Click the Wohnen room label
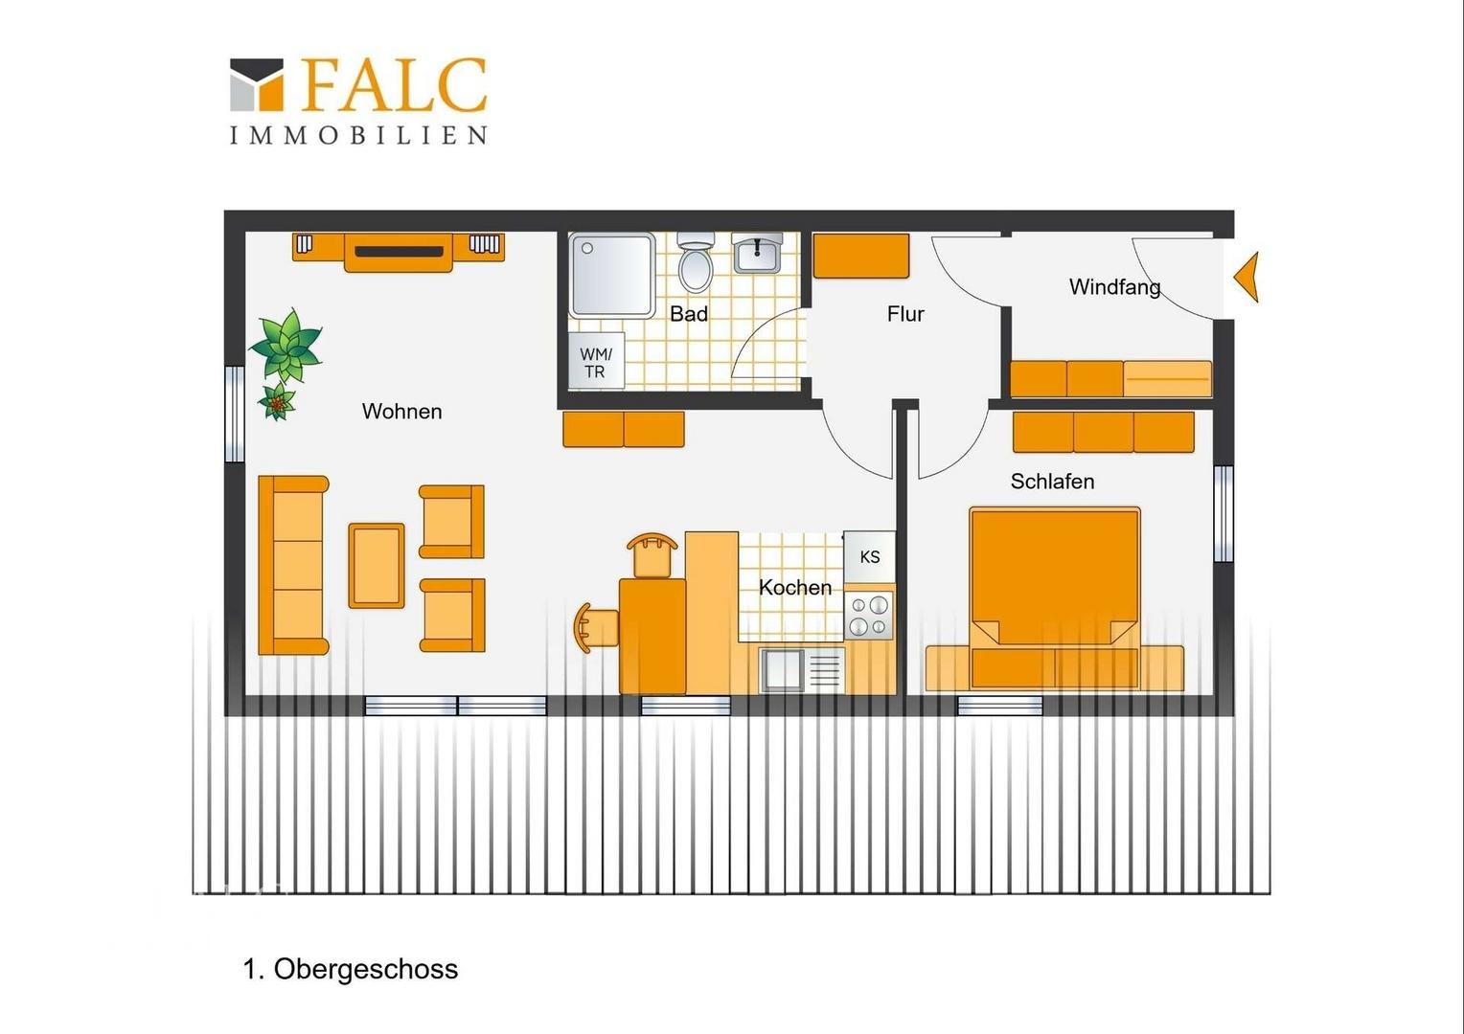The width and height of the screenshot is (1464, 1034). click(402, 412)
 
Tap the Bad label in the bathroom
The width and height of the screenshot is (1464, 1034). click(689, 314)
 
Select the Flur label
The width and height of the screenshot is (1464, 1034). click(905, 314)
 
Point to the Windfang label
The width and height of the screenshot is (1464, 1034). click(1115, 287)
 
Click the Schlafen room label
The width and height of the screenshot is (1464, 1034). click(1052, 482)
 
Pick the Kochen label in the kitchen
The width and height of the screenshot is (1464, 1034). click(794, 587)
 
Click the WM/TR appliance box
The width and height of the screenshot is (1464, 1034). click(596, 361)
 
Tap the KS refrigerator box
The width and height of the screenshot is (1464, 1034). click(869, 557)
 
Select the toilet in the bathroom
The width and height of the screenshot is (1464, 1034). click(696, 262)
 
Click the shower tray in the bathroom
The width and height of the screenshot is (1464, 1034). click(611, 275)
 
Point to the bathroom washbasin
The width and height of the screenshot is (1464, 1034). click(757, 254)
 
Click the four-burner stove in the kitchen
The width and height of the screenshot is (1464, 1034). click(869, 616)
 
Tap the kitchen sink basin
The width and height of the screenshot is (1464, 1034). click(783, 669)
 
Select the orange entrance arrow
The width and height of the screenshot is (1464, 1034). click(1247, 277)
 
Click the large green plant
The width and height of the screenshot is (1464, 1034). click(286, 346)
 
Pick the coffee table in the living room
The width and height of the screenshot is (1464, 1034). click(377, 566)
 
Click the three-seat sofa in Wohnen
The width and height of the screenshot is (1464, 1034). click(293, 565)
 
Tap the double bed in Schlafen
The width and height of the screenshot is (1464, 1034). click(1055, 598)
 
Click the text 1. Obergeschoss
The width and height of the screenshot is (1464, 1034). click(351, 969)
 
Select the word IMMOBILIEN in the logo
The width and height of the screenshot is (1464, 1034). click(358, 135)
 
